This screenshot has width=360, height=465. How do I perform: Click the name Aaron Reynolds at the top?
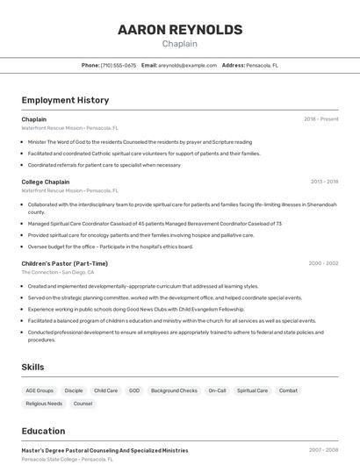point(180,30)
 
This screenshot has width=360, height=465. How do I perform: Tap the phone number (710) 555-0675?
point(119,65)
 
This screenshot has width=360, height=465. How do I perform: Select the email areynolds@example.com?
point(187,65)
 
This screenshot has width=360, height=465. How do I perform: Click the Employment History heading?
point(65,100)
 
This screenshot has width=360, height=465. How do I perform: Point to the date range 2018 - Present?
point(320,119)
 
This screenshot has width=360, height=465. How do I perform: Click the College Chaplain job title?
point(46,182)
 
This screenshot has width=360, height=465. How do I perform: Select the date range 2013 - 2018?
point(324,182)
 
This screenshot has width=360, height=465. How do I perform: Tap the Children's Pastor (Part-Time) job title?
point(65,263)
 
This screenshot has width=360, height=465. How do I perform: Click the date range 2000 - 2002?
point(323,263)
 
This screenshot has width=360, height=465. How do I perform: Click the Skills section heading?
point(33,367)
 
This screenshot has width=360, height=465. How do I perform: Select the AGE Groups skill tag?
point(40,390)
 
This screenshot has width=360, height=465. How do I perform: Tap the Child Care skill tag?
point(105,390)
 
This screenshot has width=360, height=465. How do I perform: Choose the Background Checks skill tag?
point(174,390)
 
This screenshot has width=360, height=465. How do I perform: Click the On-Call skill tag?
point(217,390)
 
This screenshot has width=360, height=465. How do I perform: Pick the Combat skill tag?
point(288,390)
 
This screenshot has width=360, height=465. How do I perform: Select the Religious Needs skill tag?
point(44,404)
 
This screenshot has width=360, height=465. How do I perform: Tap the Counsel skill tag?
point(83,404)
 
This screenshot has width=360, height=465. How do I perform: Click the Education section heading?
point(43,431)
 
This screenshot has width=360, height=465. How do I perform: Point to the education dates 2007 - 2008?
point(323,450)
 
